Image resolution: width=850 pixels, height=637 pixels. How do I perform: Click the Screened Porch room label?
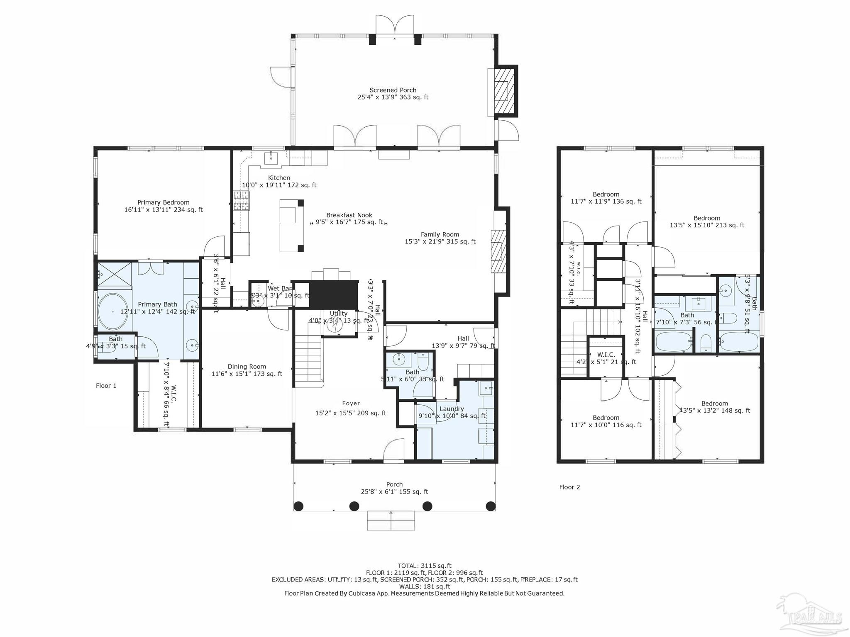click(393, 90)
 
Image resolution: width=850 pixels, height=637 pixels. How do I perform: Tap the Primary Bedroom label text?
click(163, 203)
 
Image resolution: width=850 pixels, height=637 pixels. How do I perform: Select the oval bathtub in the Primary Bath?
click(113, 311)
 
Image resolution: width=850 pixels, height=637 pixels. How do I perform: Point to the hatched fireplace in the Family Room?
click(497, 251)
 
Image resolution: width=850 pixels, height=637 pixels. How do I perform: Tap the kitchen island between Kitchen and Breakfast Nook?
click(291, 226)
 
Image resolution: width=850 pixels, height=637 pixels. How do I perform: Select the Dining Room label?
click(247, 367)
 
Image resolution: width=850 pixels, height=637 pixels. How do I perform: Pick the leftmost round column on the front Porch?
click(298, 506)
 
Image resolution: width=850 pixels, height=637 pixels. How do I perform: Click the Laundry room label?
click(452, 409)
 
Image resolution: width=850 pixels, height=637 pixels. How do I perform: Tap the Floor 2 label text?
click(569, 487)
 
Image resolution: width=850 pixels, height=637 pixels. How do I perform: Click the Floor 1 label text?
click(106, 386)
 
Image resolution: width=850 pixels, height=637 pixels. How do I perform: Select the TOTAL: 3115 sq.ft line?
click(424, 566)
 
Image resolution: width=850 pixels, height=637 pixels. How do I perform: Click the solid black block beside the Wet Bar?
click(334, 294)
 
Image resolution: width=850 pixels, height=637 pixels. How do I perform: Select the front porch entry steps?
click(391, 520)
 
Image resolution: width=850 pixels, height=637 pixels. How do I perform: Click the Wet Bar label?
click(279, 289)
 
